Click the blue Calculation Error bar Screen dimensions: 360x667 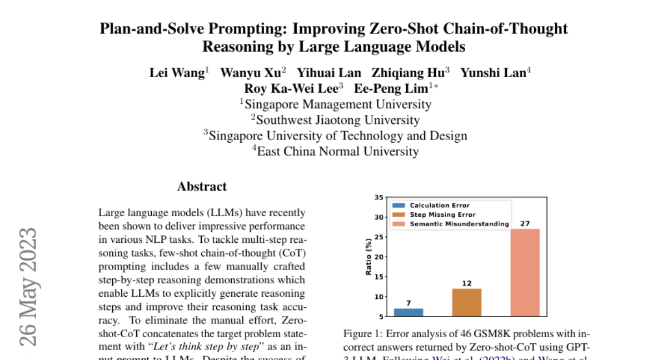coord(409,312)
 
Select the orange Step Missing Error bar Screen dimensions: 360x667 coord(467,303)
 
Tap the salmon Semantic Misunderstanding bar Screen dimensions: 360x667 coord(525,272)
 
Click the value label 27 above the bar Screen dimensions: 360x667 coord(525,223)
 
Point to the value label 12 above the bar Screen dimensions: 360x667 coord(467,283)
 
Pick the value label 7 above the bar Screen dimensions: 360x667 coord(409,303)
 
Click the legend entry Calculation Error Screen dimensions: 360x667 coord(440,206)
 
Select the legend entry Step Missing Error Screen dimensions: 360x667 coord(442,214)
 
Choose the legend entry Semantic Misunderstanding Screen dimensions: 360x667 coord(459,224)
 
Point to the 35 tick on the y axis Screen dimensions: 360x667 coord(379,197)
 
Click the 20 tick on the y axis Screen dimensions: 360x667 coord(379,257)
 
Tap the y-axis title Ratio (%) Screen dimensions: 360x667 coord(368,257)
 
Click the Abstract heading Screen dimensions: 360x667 coord(202,187)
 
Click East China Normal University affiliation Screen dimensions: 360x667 coord(337,151)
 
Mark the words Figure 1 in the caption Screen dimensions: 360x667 coord(361,334)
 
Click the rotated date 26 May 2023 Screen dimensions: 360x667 coord(28,286)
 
